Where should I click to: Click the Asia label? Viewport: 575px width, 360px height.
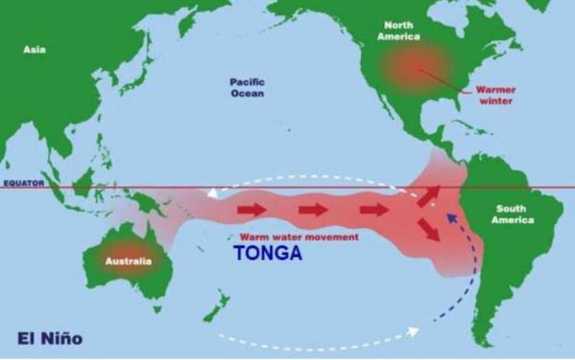pos(34,50)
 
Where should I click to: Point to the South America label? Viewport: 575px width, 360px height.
pos(512,214)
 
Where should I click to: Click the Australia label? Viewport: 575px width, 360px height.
pos(128,262)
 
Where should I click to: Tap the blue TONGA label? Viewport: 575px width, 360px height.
pos(268,254)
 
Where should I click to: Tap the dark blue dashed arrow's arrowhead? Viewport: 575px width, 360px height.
pos(450,216)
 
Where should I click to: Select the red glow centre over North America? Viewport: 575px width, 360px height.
pos(418,66)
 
